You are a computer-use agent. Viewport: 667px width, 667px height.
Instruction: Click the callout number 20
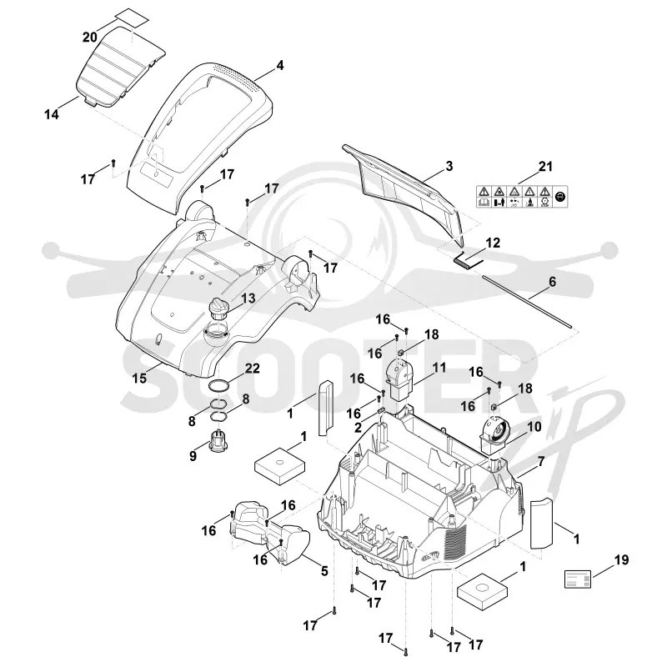pyautogui.click(x=90, y=38)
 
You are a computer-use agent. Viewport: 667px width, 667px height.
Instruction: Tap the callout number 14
pyautogui.click(x=52, y=114)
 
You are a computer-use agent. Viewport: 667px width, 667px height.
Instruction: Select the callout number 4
pyautogui.click(x=279, y=65)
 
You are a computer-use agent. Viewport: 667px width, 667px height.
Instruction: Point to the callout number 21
pyautogui.click(x=545, y=166)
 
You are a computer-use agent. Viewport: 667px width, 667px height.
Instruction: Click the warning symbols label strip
pyautogui.click(x=522, y=197)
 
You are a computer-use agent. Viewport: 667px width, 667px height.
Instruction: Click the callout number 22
pyautogui.click(x=252, y=368)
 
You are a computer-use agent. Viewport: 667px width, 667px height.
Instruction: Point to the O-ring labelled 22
pyautogui.click(x=218, y=386)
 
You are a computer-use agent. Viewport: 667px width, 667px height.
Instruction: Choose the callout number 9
pyautogui.click(x=193, y=456)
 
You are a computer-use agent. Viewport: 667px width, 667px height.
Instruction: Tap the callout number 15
pyautogui.click(x=139, y=378)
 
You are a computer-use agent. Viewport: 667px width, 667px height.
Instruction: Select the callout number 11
pyautogui.click(x=439, y=367)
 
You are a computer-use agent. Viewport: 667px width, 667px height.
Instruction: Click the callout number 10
pyautogui.click(x=534, y=426)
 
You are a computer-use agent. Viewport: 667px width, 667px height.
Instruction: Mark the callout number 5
pyautogui.click(x=324, y=571)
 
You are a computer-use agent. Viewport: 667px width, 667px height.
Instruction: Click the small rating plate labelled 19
pyautogui.click(x=578, y=579)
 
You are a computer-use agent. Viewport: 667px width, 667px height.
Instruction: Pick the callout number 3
pyautogui.click(x=449, y=166)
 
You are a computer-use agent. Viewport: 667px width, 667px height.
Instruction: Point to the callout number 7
pyautogui.click(x=540, y=461)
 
